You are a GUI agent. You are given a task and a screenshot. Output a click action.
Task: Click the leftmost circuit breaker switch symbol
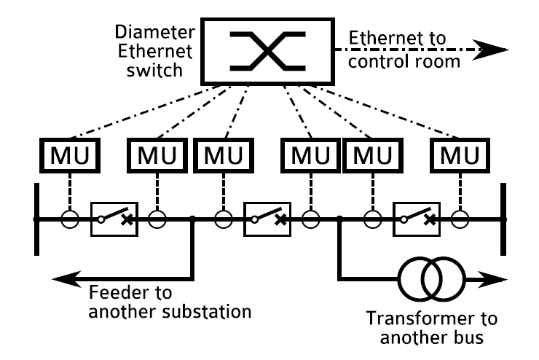[113, 218]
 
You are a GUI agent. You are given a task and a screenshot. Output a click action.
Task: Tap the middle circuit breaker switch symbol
[267, 218]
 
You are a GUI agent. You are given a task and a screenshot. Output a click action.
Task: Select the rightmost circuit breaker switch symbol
[416, 218]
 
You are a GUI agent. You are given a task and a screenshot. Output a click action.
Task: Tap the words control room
[405, 62]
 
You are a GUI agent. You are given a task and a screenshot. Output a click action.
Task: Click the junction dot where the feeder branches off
[192, 218]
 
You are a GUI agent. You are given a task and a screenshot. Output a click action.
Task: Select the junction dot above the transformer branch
[340, 218]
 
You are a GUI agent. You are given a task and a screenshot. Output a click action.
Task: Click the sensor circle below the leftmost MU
[69, 218]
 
